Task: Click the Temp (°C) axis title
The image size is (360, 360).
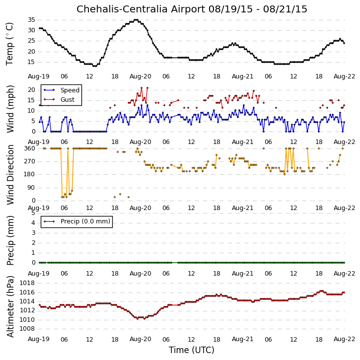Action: [x=9, y=44]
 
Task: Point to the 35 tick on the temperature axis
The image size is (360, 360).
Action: [x=31, y=20]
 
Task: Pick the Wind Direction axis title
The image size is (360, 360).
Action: [x=10, y=175]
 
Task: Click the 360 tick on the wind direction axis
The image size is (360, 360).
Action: [x=30, y=148]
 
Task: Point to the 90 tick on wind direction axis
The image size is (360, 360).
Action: [x=32, y=188]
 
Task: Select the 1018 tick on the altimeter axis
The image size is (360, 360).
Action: [x=27, y=283]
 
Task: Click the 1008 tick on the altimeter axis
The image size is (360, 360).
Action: [x=27, y=329]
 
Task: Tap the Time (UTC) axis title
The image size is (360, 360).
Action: [x=192, y=350]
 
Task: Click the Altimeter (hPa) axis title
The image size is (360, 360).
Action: [x=10, y=306]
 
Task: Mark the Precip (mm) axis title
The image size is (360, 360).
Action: [x=10, y=241]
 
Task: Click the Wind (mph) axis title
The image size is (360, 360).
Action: [x=10, y=109]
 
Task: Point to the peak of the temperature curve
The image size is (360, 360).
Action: [x=136, y=20]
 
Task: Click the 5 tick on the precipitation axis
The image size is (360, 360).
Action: [x=34, y=213]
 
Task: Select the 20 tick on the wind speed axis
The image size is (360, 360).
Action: [x=31, y=90]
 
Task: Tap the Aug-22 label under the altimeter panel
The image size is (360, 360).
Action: [x=344, y=339]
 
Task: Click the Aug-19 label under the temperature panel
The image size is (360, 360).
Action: [x=39, y=76]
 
